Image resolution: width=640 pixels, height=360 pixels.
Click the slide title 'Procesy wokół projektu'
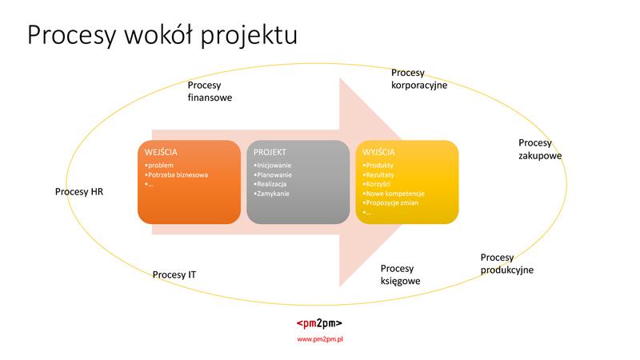pyautogui.click(x=162, y=36)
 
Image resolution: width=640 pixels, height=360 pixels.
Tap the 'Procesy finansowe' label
pyautogui.click(x=210, y=93)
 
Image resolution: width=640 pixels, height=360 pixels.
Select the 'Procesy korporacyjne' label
pyautogui.click(x=418, y=78)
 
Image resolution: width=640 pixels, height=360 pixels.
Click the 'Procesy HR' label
pyautogui.click(x=79, y=192)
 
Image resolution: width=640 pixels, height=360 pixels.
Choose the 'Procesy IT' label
pyautogui.click(x=174, y=275)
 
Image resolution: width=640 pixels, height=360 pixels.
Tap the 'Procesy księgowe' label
pyautogui.click(x=400, y=274)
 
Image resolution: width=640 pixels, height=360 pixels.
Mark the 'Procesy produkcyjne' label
pyautogui.click(x=506, y=263)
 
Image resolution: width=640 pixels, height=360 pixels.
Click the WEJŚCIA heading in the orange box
pyautogui.click(x=162, y=152)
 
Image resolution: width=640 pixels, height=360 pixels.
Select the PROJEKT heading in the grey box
pyautogui.click(x=270, y=152)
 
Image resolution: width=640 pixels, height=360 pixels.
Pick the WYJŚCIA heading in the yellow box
pyautogui.click(x=378, y=152)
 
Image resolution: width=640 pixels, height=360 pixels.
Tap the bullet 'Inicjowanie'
pyautogui.click(x=274, y=165)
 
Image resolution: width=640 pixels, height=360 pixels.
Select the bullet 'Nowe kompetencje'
pyautogui.click(x=394, y=194)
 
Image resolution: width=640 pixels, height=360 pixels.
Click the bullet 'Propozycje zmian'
pyautogui.click(x=393, y=203)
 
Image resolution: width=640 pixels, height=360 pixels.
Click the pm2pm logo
pyautogui.click(x=319, y=323)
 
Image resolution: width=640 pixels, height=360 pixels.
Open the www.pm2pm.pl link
pyautogui.click(x=319, y=339)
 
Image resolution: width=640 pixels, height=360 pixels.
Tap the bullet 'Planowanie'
pyautogui.click(x=274, y=174)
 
